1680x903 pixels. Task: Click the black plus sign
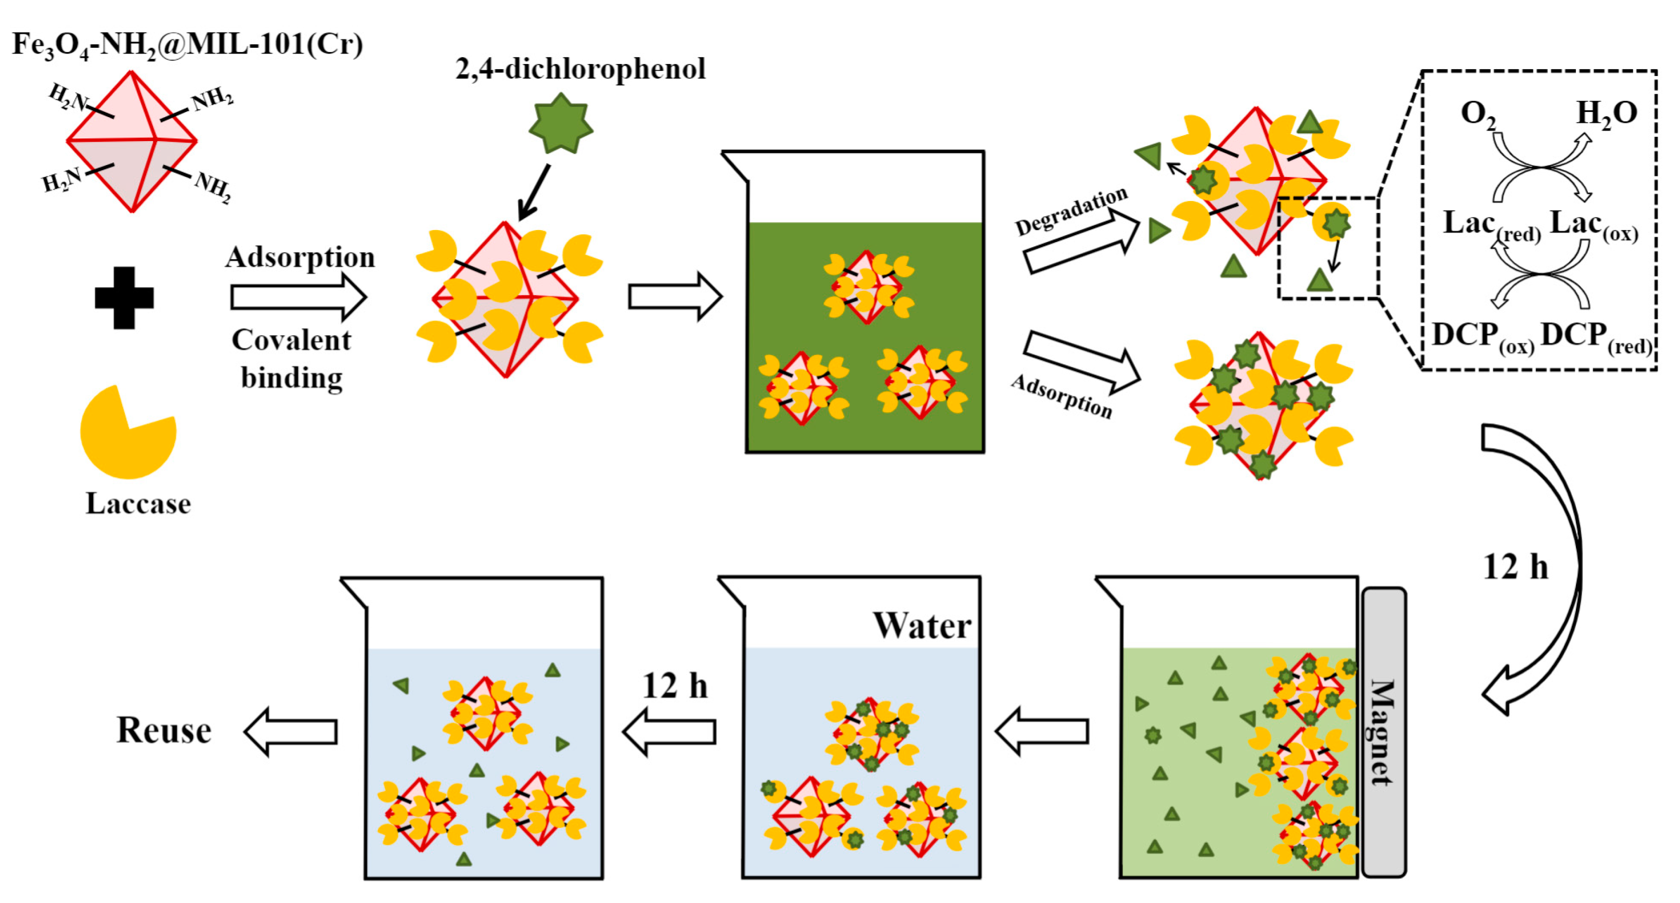coord(124,298)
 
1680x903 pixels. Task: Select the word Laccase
coord(138,504)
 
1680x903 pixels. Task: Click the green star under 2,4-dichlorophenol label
coord(561,124)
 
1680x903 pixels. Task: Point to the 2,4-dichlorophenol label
coord(580,69)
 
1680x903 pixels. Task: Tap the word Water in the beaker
coord(922,626)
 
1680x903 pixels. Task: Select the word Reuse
coord(164,730)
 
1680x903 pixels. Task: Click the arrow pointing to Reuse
coord(291,731)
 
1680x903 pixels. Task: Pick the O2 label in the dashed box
coord(1477,114)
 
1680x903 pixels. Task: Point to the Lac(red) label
coord(1490,225)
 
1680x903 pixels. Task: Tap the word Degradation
coord(1071,211)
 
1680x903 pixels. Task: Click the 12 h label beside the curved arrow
coord(1515,567)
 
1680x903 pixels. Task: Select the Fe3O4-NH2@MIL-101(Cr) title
coord(187,45)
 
